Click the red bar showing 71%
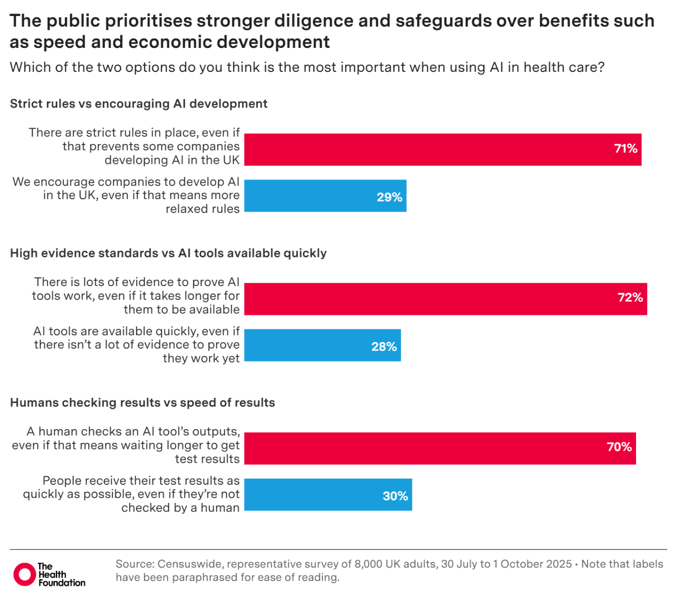point(443,149)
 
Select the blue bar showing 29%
point(325,196)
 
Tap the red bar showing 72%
point(446,299)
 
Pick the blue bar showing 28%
point(323,345)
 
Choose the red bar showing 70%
point(440,448)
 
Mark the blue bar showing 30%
point(328,495)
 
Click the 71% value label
point(625,149)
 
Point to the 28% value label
point(384,347)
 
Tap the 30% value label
point(395,496)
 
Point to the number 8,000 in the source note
point(369,564)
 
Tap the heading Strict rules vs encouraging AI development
point(138,104)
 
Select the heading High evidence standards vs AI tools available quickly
point(168,253)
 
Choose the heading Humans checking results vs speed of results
point(142,403)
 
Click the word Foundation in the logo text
point(62,583)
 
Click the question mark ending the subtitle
point(600,67)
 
